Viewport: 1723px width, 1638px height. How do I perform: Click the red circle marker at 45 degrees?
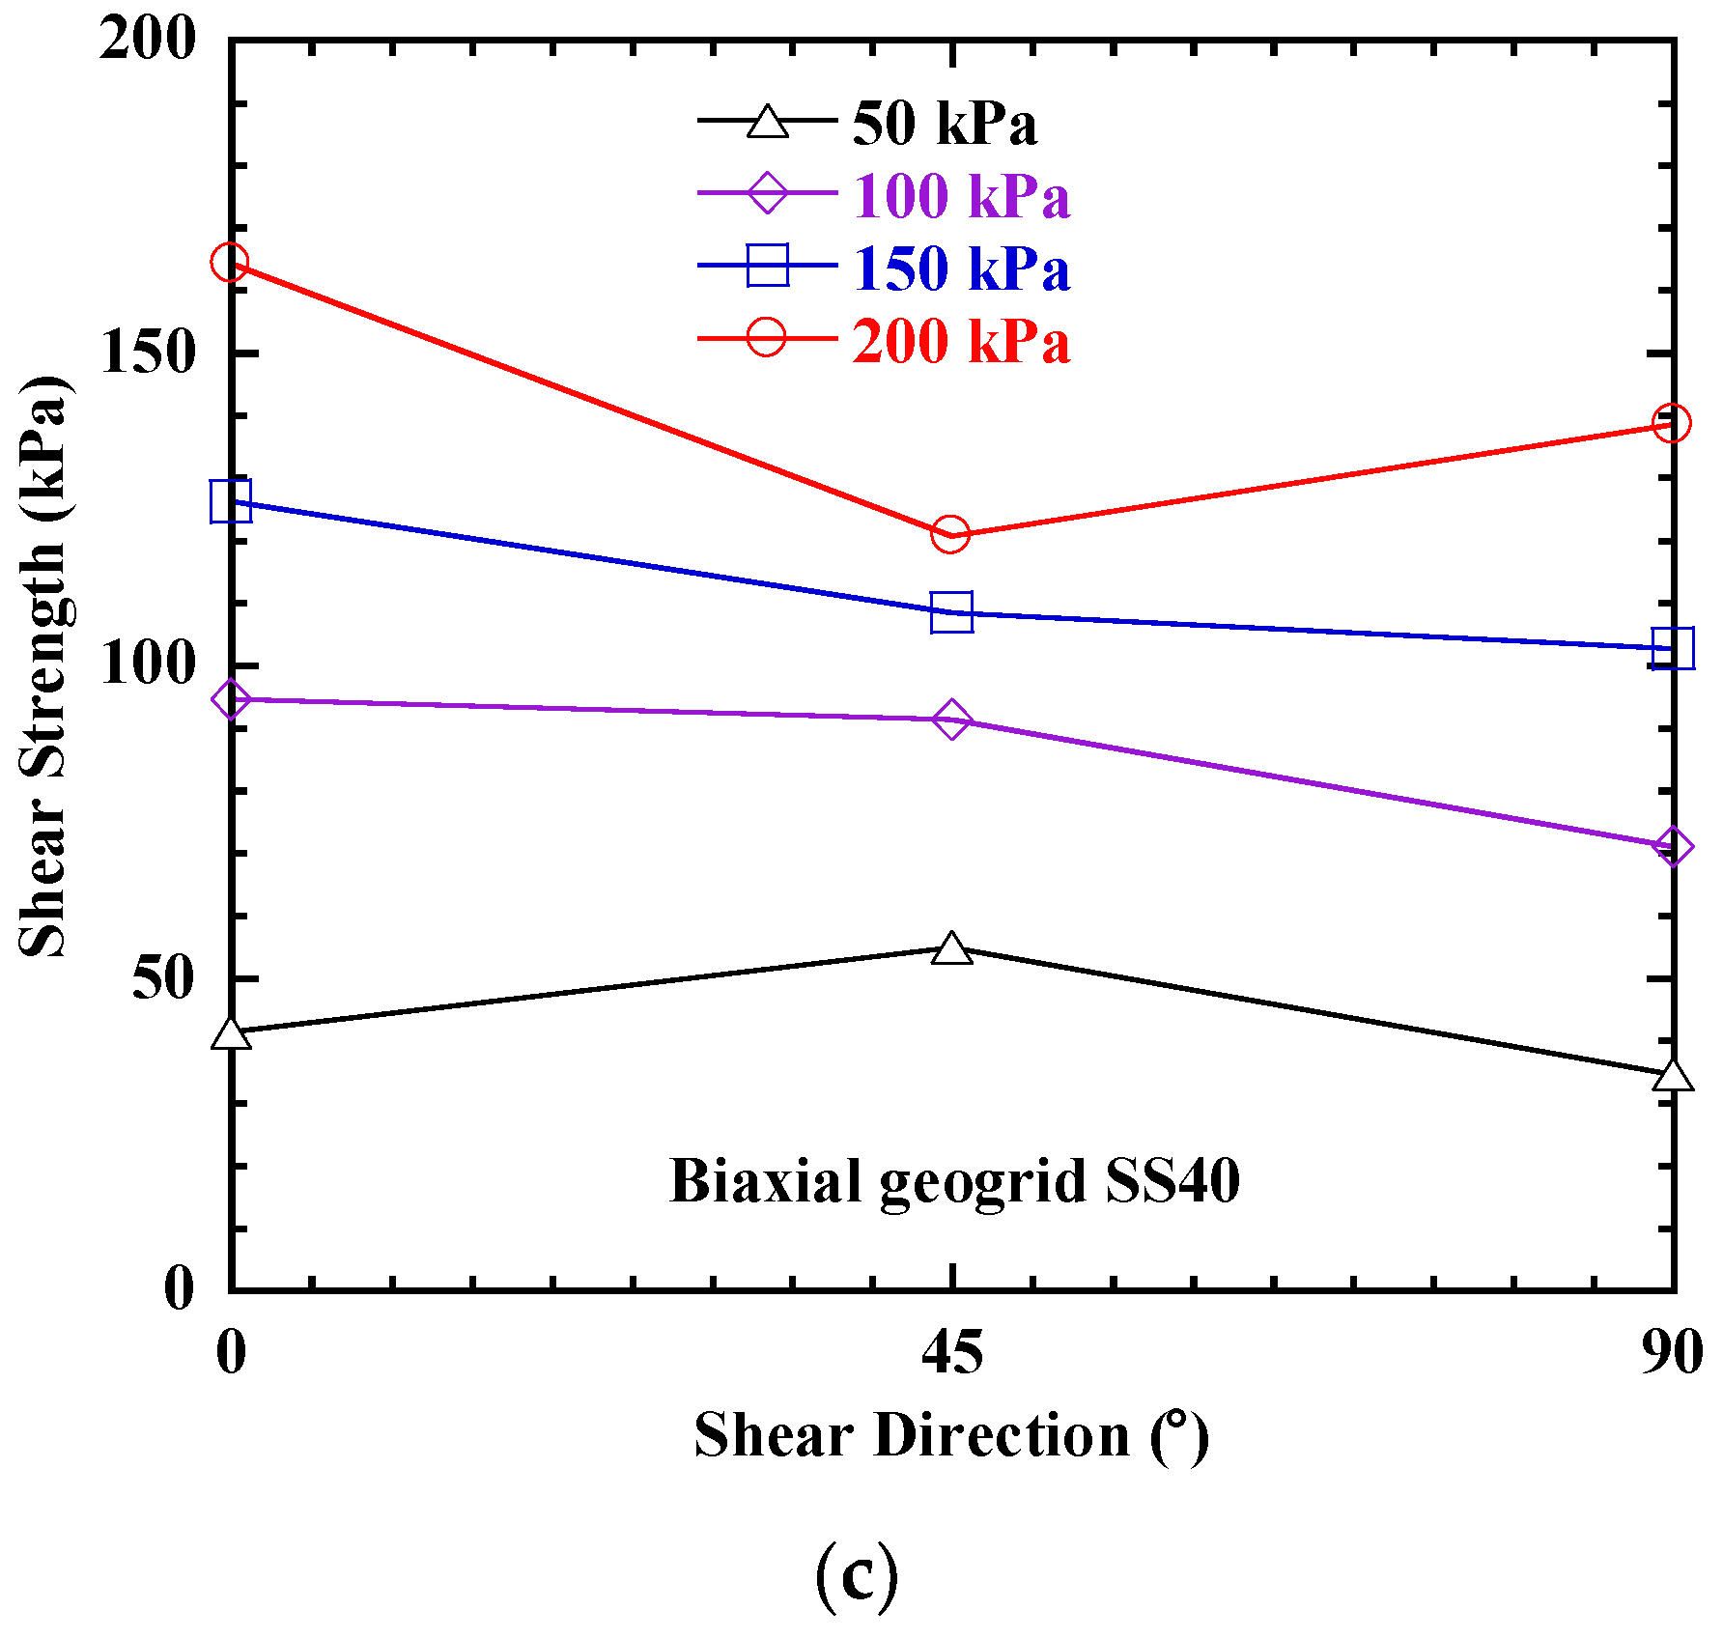[950, 533]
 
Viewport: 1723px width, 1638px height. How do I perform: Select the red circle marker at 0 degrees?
[230, 262]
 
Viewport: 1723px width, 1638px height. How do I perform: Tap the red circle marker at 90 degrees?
[1671, 422]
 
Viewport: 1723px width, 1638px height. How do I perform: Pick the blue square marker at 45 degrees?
[951, 612]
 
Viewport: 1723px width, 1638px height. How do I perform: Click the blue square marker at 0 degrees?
[231, 500]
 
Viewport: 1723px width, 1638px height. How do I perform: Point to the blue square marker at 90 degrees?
[1672, 648]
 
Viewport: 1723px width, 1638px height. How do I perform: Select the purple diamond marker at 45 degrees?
[951, 720]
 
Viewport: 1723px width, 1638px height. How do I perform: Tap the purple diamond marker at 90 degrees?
[1672, 847]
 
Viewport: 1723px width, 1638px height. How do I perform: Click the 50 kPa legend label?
[944, 125]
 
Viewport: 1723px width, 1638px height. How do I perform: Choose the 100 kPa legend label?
[961, 197]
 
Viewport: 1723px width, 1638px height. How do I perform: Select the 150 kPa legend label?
[961, 268]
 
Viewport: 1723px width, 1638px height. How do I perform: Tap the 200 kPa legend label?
[961, 342]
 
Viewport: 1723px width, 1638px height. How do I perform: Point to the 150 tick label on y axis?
[148, 353]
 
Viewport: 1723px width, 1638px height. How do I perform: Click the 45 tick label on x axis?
[951, 1352]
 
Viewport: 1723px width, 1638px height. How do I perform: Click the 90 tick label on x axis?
[1671, 1352]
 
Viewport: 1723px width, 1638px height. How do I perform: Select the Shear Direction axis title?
[951, 1435]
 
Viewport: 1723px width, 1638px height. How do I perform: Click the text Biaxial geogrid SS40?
[954, 1181]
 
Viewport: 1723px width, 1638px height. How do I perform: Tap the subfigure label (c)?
[857, 1576]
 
